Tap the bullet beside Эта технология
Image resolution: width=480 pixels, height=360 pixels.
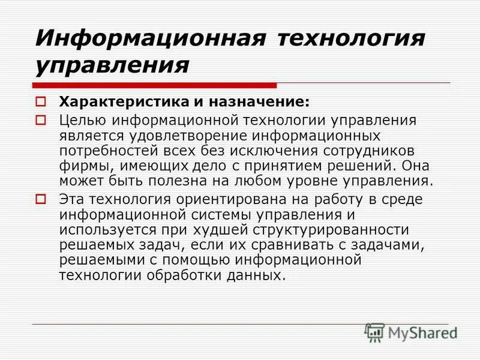tap(41, 198)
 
